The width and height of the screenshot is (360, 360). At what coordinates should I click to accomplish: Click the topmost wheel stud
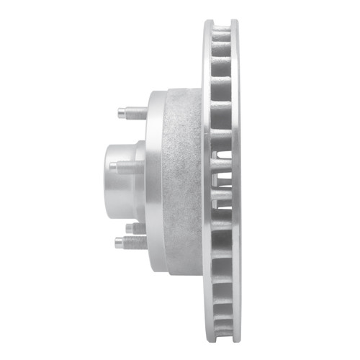pyautogui.click(x=130, y=113)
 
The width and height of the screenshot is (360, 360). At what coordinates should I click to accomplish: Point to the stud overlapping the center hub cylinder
pyautogui.click(x=122, y=166)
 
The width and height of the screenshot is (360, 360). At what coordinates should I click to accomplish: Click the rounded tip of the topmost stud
pyautogui.click(x=118, y=113)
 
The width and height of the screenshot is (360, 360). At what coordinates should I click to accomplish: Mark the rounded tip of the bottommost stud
pyautogui.click(x=117, y=242)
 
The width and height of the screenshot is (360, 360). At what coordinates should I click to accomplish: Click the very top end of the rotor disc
pyautogui.click(x=220, y=21)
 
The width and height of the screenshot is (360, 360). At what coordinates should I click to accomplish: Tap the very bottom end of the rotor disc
pyautogui.click(x=220, y=339)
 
